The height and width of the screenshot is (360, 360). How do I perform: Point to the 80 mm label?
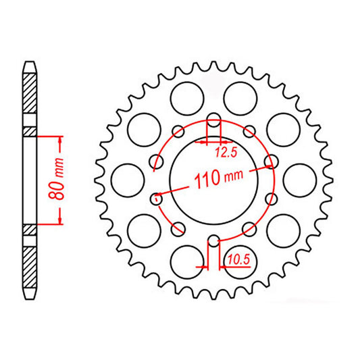(59, 180)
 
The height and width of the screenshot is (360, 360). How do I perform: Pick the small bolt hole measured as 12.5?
(213, 122)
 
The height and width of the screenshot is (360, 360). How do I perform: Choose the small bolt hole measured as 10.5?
(213, 239)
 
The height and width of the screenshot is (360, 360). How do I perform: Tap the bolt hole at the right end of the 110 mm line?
(272, 162)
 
